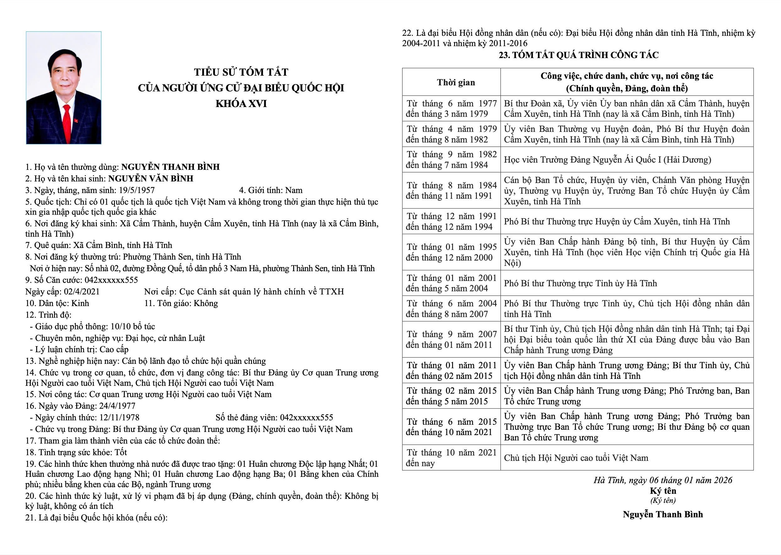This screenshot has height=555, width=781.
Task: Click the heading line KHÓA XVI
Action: point(241,104)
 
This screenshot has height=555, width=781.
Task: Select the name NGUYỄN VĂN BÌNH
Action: point(151,178)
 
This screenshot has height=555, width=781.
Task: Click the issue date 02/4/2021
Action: point(82,292)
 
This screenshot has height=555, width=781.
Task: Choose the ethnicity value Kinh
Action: point(80,303)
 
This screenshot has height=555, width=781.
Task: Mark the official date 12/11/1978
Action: point(119,417)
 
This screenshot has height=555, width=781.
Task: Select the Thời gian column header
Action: point(456,82)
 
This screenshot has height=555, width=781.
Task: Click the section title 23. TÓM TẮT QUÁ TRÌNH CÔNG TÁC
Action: point(579,55)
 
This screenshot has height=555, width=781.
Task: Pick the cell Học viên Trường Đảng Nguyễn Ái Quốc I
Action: point(607,159)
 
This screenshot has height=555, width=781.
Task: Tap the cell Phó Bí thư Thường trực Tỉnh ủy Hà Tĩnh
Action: point(580,283)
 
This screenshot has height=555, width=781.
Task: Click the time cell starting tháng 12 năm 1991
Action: point(451,221)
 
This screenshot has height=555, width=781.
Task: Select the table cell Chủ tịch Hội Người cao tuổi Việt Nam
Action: point(576,458)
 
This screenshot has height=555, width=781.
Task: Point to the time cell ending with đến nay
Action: point(451,458)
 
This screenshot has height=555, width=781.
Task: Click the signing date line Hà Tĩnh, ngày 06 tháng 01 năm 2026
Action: point(663,480)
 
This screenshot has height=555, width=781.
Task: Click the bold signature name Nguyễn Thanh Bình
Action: point(663,514)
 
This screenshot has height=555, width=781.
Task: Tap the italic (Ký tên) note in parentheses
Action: point(663,501)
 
